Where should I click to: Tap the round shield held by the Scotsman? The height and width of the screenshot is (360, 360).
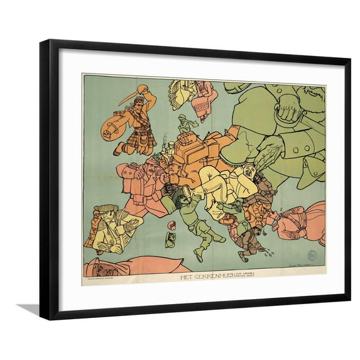tap(111, 128)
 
